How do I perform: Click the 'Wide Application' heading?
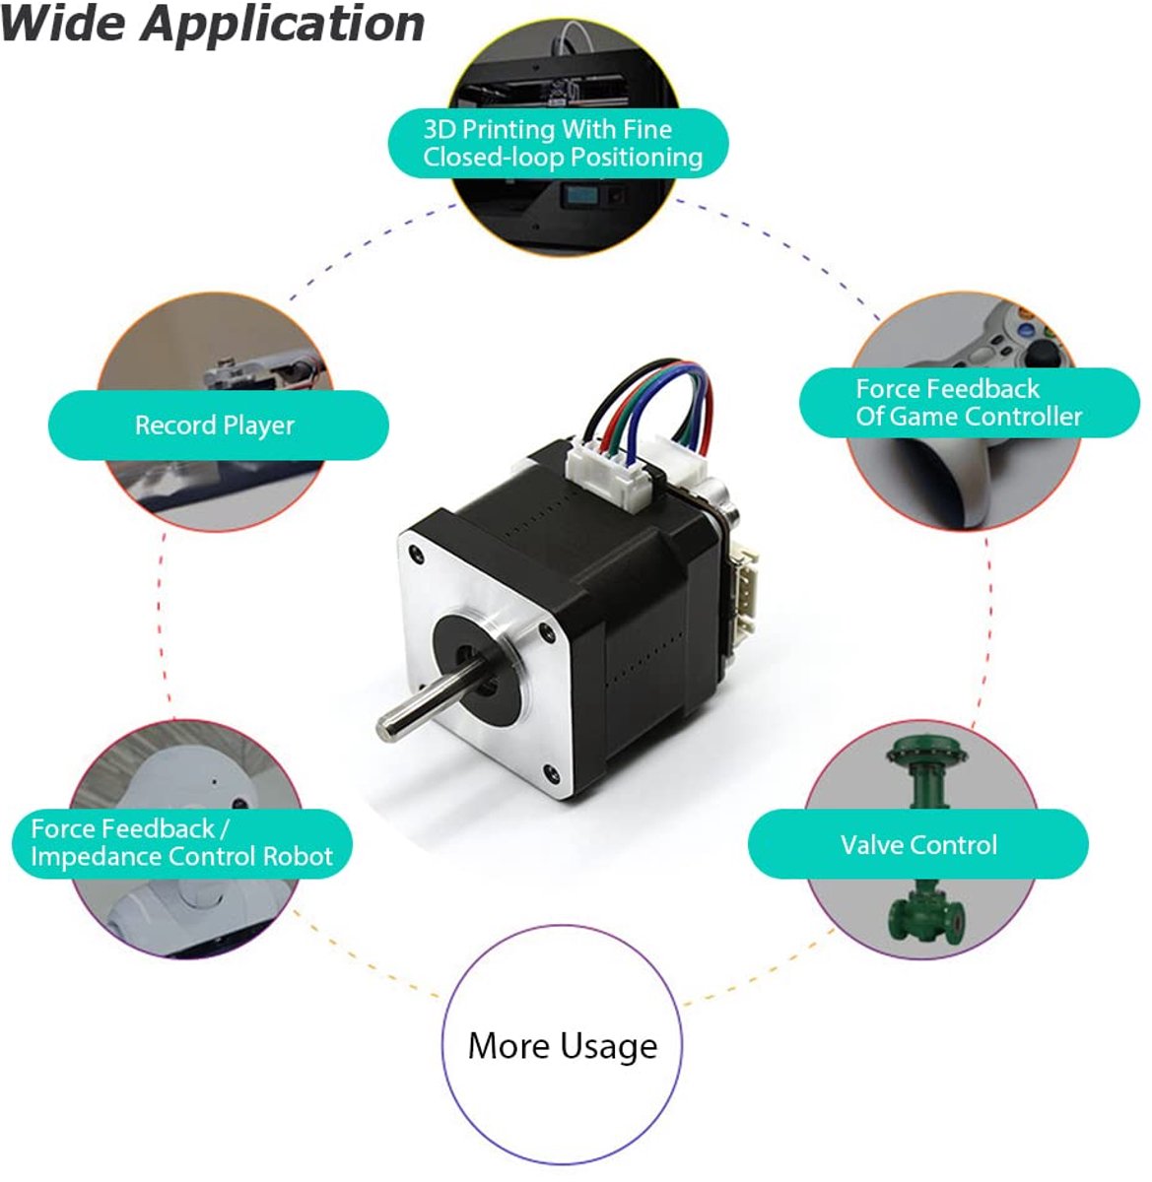click(212, 25)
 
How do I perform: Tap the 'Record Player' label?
click(215, 426)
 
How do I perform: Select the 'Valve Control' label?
click(918, 845)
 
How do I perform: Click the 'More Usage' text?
click(562, 1046)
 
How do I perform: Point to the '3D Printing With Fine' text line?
click(548, 129)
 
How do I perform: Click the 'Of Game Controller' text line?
click(969, 417)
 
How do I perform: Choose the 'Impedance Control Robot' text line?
click(181, 856)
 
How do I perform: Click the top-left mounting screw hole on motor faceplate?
click(416, 554)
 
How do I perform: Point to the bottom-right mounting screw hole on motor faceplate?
click(551, 774)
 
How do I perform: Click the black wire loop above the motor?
click(626, 394)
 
